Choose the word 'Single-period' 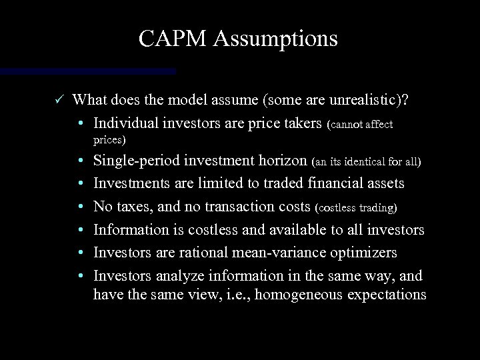(x=134, y=161)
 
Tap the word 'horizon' (x=285, y=161)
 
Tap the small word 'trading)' (x=379, y=208)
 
